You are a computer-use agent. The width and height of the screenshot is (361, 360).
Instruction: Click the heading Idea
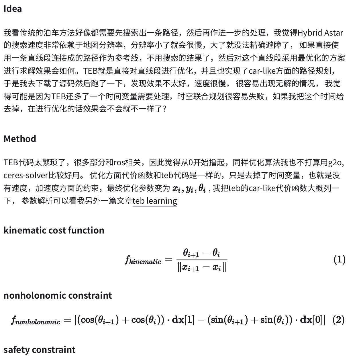(13, 9)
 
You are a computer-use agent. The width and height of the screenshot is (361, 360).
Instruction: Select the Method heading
(20, 139)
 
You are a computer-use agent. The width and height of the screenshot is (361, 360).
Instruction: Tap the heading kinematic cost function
(54, 230)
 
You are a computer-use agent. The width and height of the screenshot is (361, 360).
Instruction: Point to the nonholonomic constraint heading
(58, 295)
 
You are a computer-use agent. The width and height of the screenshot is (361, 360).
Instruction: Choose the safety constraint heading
(40, 349)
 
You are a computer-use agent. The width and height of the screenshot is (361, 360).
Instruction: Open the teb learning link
(155, 201)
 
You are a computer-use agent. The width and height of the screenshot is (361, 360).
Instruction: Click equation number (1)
(339, 260)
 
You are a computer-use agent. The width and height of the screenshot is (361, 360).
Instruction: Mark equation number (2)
(338, 320)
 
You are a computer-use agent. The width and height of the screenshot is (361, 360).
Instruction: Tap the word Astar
(333, 33)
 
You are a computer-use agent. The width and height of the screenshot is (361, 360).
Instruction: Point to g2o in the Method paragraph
(335, 163)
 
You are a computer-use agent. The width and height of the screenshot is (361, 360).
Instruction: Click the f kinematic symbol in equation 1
(143, 260)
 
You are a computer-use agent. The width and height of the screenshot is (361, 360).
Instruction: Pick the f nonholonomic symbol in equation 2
(36, 320)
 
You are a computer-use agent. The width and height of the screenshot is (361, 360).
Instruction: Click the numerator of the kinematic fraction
(201, 253)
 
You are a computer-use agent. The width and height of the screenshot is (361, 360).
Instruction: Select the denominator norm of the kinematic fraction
(201, 267)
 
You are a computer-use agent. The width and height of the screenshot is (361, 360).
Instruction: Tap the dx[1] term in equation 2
(183, 320)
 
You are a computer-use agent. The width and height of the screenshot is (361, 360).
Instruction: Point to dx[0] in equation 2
(311, 320)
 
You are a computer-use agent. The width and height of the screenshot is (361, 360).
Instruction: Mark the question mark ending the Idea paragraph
(164, 109)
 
